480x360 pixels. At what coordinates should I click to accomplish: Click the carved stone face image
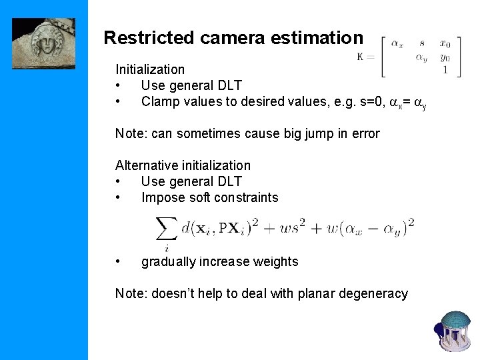tap(43, 43)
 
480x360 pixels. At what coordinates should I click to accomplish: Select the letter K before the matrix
tap(361, 57)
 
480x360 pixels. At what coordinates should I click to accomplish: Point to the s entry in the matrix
tap(422, 44)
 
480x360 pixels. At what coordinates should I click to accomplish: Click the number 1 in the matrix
tap(445, 69)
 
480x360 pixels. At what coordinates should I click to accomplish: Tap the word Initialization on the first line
tap(150, 69)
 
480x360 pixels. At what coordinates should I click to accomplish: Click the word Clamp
tap(159, 101)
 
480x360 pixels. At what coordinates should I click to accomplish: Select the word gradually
tap(171, 261)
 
